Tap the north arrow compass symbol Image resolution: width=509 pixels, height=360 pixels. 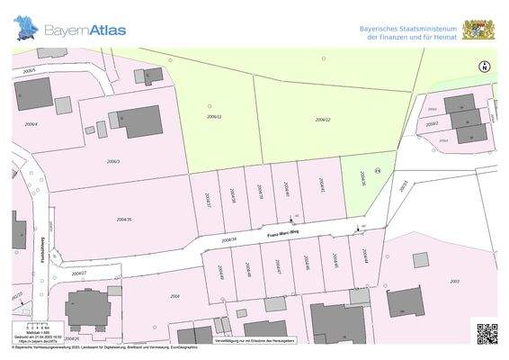(x=484, y=66)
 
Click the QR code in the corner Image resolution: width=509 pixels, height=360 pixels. (x=487, y=333)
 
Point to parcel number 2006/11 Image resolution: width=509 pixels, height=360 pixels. (x=214, y=117)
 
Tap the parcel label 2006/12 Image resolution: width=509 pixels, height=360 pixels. (x=323, y=120)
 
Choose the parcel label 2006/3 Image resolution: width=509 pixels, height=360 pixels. (x=113, y=161)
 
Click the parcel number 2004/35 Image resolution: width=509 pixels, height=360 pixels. (x=124, y=219)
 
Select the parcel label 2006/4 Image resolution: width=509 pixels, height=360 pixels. (x=31, y=124)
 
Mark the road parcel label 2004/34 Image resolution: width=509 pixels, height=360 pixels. (x=228, y=239)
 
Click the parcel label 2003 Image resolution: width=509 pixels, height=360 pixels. (x=454, y=282)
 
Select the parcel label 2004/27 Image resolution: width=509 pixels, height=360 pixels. (x=79, y=272)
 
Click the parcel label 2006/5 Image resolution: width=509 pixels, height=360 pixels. (x=29, y=70)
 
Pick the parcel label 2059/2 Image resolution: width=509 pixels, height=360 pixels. (x=432, y=124)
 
